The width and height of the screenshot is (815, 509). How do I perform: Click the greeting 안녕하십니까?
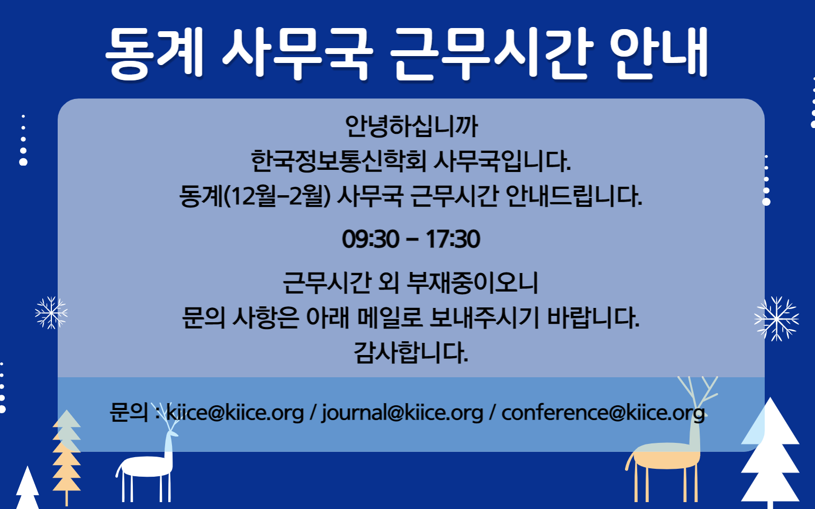pyautogui.click(x=411, y=126)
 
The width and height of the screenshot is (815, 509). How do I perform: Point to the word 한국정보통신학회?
pyautogui.click(x=338, y=161)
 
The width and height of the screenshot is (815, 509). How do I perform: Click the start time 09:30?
pyautogui.click(x=370, y=239)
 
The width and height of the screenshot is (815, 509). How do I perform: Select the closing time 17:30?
pyautogui.click(x=453, y=239)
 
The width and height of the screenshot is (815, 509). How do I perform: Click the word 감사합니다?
pyautogui.click(x=411, y=352)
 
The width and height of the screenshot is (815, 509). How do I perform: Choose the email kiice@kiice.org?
pyautogui.click(x=235, y=413)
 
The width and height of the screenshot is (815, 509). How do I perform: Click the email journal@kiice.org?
pyautogui.click(x=402, y=413)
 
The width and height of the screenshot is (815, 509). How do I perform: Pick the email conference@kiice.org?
pyautogui.click(x=603, y=413)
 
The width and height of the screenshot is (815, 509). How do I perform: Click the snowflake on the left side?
pyautogui.click(x=51, y=313)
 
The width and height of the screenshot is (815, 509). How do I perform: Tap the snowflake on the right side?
pyautogui.click(x=777, y=319)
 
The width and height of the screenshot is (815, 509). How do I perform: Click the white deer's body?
pyautogui.click(x=146, y=466)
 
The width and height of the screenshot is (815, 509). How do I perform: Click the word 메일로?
pyautogui.click(x=390, y=317)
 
